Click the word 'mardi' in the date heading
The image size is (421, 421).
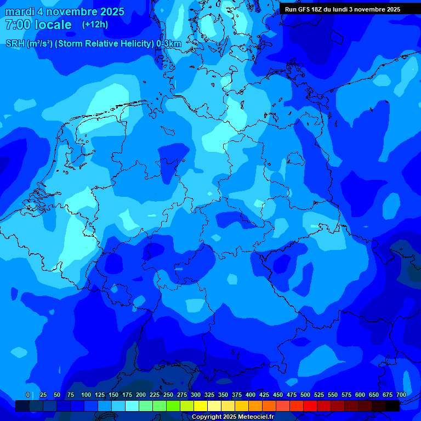(20, 12)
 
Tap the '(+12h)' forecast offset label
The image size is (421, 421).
(95, 24)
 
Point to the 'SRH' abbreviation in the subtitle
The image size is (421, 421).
(15, 44)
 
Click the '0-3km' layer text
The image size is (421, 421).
(169, 44)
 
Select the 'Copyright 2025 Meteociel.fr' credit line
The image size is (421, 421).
(232, 417)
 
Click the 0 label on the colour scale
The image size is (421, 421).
(28, 395)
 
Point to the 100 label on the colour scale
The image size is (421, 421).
(86, 395)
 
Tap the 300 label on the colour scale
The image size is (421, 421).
(195, 395)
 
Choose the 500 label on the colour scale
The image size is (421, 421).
(305, 395)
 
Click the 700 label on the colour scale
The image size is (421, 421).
(401, 395)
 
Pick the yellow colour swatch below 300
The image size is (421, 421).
(201, 406)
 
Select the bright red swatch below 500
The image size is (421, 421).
(310, 406)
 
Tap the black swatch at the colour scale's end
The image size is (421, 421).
(392, 406)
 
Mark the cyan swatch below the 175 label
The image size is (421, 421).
(132, 406)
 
